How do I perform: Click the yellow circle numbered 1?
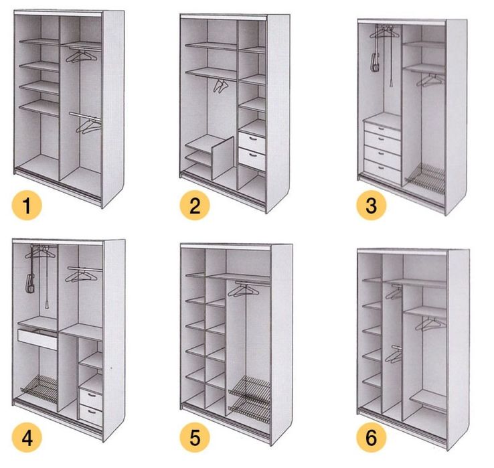[27, 205]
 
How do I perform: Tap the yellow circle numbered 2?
[195, 205]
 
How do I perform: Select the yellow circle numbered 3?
[372, 205]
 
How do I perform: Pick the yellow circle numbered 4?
[27, 437]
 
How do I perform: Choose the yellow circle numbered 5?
[195, 437]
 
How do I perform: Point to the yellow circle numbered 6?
[372, 437]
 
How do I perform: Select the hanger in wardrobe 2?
[220, 86]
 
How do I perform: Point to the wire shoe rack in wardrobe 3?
[425, 179]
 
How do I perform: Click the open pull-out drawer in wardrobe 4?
[37, 338]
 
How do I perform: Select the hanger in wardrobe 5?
[243, 291]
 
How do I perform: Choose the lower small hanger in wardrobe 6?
[394, 355]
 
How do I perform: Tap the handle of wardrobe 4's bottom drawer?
[92, 412]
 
